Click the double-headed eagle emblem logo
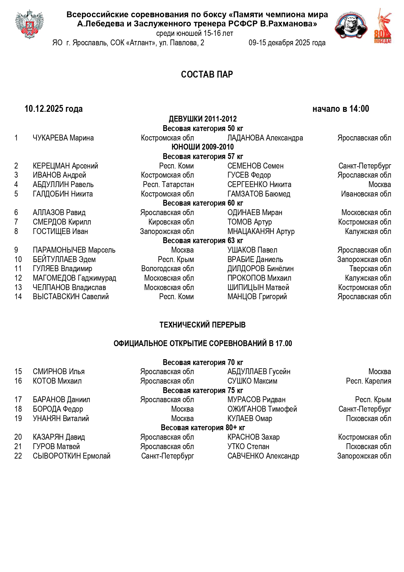click(x=29, y=24)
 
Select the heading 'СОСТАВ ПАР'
click(x=207, y=75)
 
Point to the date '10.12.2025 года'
click(x=54, y=109)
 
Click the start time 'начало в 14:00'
click(x=341, y=109)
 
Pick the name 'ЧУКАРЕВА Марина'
click(x=63, y=138)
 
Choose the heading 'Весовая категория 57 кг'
click(x=203, y=157)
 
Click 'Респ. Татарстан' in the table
click(x=168, y=185)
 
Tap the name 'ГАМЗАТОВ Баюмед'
click(x=259, y=194)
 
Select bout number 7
click(x=16, y=222)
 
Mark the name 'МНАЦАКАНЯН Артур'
click(x=261, y=232)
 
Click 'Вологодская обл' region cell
click(x=167, y=269)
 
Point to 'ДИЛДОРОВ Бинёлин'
click(x=260, y=269)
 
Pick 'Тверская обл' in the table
click(x=370, y=269)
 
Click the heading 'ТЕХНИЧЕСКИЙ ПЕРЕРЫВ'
click(x=202, y=325)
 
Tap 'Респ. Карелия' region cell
click(x=369, y=381)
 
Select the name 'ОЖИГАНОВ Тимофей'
click(x=262, y=409)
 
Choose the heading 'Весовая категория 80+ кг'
click(x=203, y=428)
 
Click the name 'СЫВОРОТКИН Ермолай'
click(x=72, y=456)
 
